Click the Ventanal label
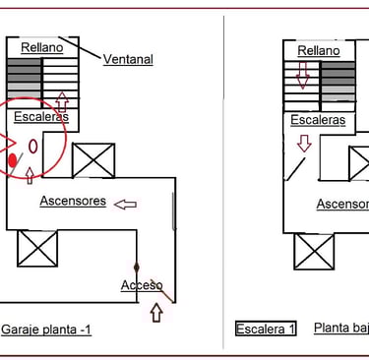[128, 59]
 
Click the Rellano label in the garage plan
[40, 46]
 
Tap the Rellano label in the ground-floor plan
[318, 49]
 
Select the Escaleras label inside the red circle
[40, 117]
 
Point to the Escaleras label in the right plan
[318, 120]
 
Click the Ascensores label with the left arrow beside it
[73, 201]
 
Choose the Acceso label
[140, 285]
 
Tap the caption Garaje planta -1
[46, 330]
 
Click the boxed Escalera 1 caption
[266, 329]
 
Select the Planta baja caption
[340, 328]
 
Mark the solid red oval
[13, 159]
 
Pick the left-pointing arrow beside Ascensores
[125, 205]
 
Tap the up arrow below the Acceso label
[155, 314]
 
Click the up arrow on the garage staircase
[63, 100]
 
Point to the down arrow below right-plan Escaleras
[304, 143]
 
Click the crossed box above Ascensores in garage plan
[92, 160]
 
